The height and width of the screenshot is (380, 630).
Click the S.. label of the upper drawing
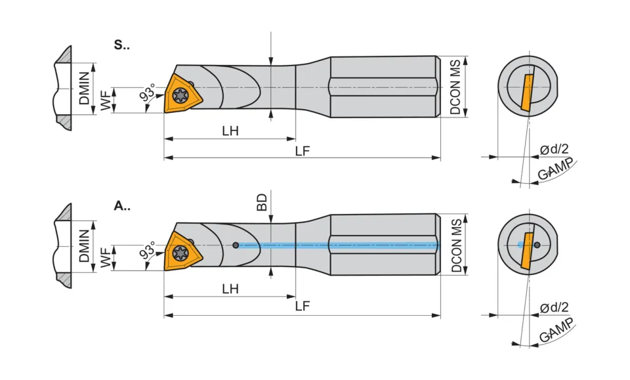[x=122, y=45]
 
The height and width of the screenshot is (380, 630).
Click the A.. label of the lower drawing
[x=122, y=206]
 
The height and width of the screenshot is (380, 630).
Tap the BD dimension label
[x=262, y=202]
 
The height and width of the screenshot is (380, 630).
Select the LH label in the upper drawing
[x=230, y=131]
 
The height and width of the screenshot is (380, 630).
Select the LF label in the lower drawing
[x=303, y=306]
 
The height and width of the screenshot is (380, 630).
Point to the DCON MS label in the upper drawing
[x=455, y=87]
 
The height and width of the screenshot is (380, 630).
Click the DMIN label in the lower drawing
[x=84, y=246]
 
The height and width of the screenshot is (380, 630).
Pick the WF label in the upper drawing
[x=105, y=100]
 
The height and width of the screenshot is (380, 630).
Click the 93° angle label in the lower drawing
[x=148, y=250]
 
